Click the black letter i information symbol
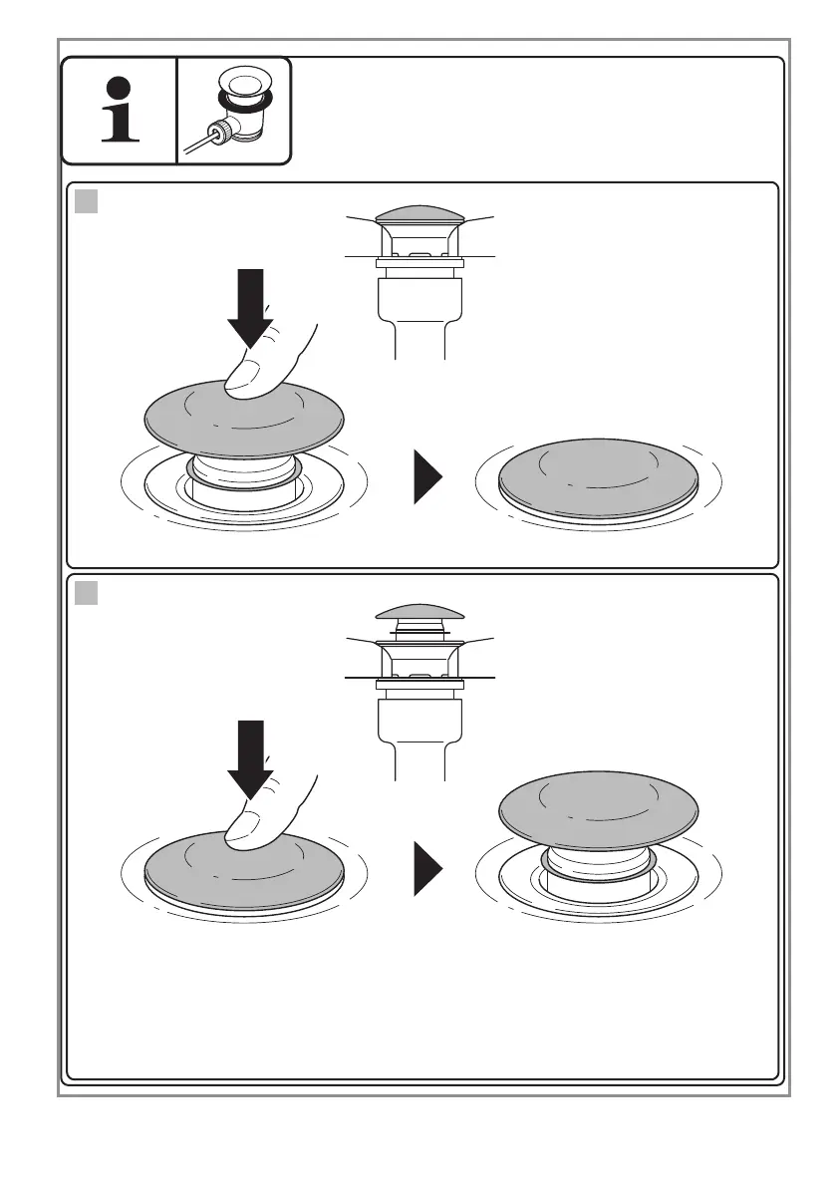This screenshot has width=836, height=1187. click(x=120, y=111)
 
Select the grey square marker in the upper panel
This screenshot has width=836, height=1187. click(x=86, y=202)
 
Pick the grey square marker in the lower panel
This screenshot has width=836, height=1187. click(x=86, y=594)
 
